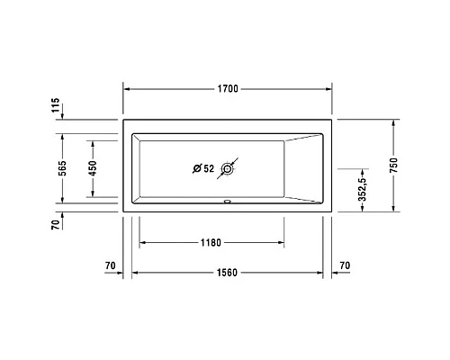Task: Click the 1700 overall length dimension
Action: click(x=227, y=90)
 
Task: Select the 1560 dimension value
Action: click(x=227, y=273)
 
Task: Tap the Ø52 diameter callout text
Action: click(x=203, y=168)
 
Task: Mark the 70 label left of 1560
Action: click(x=111, y=266)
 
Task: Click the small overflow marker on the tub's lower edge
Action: click(x=228, y=201)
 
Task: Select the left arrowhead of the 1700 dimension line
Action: click(x=126, y=90)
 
